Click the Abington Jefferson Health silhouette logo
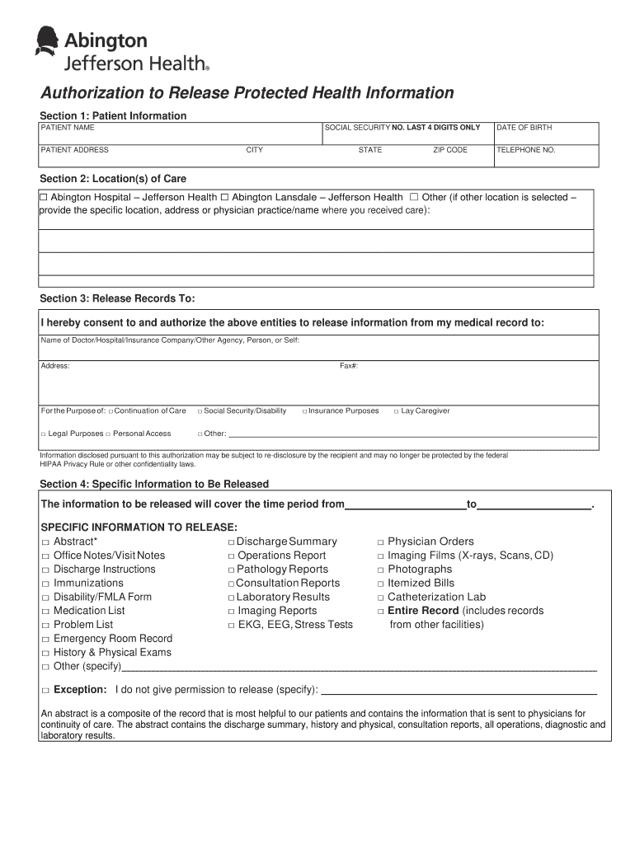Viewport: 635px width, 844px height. tap(48, 41)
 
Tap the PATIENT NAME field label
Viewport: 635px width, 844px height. tap(68, 128)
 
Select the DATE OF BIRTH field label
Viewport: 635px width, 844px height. tap(524, 128)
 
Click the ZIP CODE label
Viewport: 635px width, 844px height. tap(450, 150)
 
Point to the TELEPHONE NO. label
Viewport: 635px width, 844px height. tap(525, 150)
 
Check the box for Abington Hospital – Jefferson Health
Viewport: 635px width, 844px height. tap(45, 198)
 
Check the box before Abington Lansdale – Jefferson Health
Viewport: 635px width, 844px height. tap(224, 198)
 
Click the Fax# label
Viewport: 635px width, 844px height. tap(349, 366)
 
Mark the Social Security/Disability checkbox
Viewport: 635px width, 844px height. tap(200, 411)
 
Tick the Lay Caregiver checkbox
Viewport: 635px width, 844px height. tap(397, 411)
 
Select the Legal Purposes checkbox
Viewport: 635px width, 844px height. tap(43, 434)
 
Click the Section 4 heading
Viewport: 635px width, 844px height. tap(154, 484)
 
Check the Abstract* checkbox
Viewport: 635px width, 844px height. tap(45, 542)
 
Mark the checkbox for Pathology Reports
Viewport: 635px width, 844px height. tap(231, 570)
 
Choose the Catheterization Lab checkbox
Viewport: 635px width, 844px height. tap(381, 598)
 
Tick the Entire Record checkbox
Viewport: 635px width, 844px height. tap(381, 612)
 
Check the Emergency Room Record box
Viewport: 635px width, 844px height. tap(45, 640)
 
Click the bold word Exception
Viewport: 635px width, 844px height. tap(80, 690)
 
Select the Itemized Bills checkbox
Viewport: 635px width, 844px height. tap(381, 584)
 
